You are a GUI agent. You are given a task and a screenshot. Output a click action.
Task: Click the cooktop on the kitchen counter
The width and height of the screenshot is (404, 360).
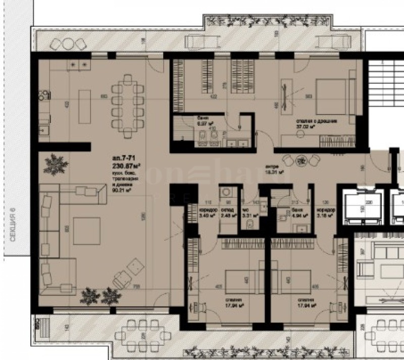coord(79,65)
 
